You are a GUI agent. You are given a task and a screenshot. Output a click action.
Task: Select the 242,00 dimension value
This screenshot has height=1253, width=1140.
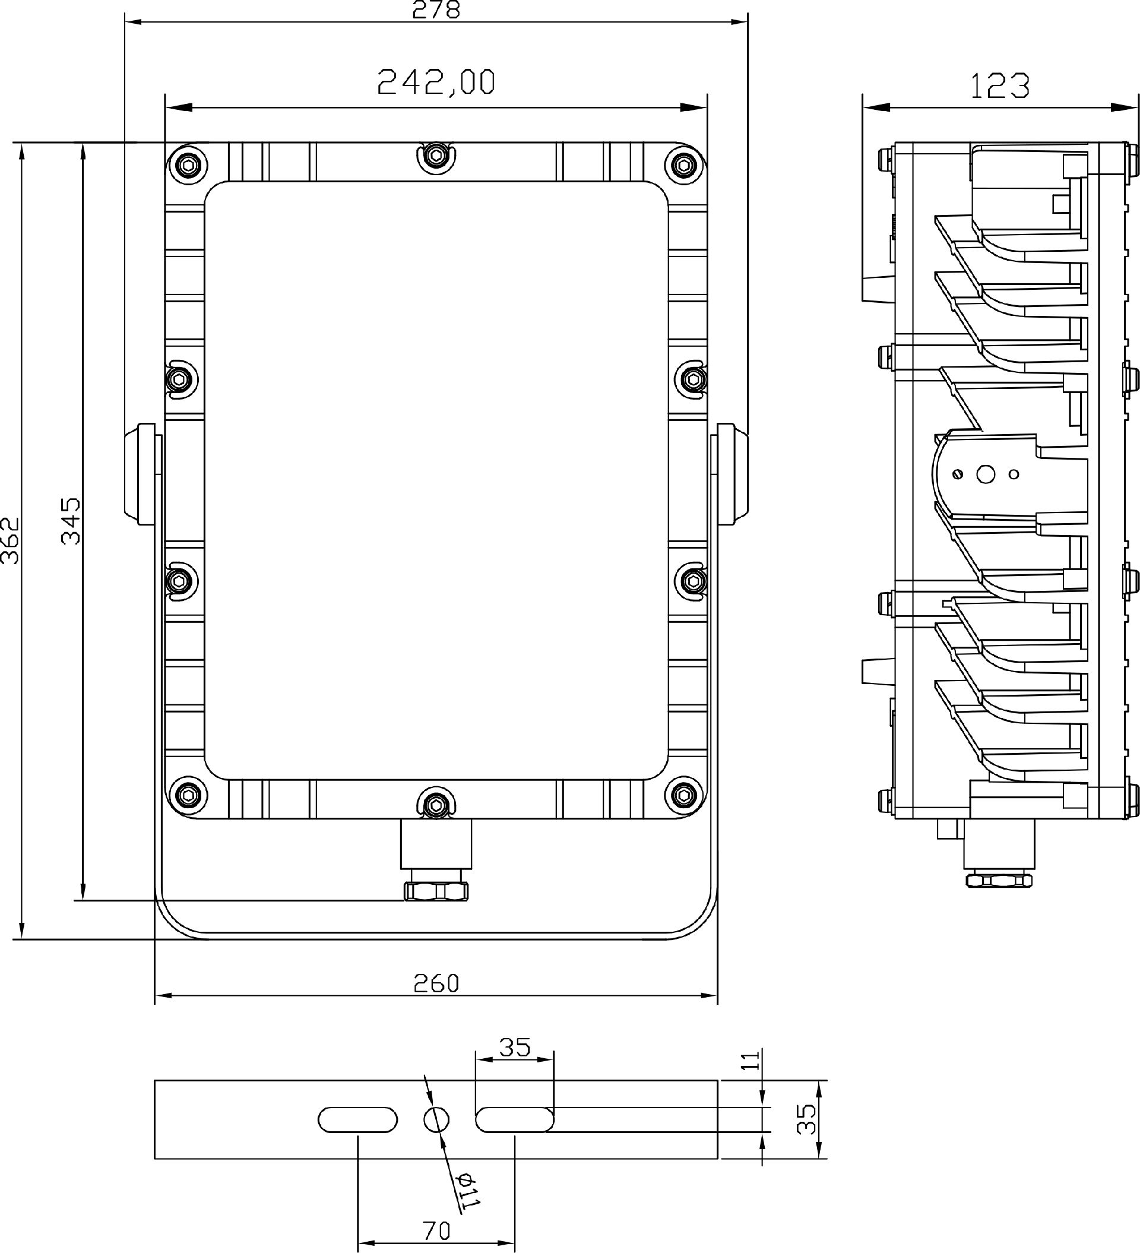pyautogui.click(x=436, y=82)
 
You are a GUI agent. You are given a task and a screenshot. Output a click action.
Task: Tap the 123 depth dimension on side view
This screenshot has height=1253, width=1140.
pyautogui.click(x=999, y=86)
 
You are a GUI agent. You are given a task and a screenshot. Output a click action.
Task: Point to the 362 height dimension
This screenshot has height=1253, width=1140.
pyautogui.click(x=10, y=540)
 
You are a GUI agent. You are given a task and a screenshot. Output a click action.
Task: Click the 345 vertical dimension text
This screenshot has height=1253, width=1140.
pyautogui.click(x=71, y=520)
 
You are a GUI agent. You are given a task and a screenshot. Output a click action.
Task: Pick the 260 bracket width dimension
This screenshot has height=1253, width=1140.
pyautogui.click(x=436, y=983)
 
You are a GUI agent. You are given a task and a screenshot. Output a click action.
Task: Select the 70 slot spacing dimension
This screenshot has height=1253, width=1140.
pyautogui.click(x=436, y=1230)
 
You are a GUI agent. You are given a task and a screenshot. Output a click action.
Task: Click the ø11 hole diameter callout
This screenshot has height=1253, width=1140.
pyautogui.click(x=468, y=1190)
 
